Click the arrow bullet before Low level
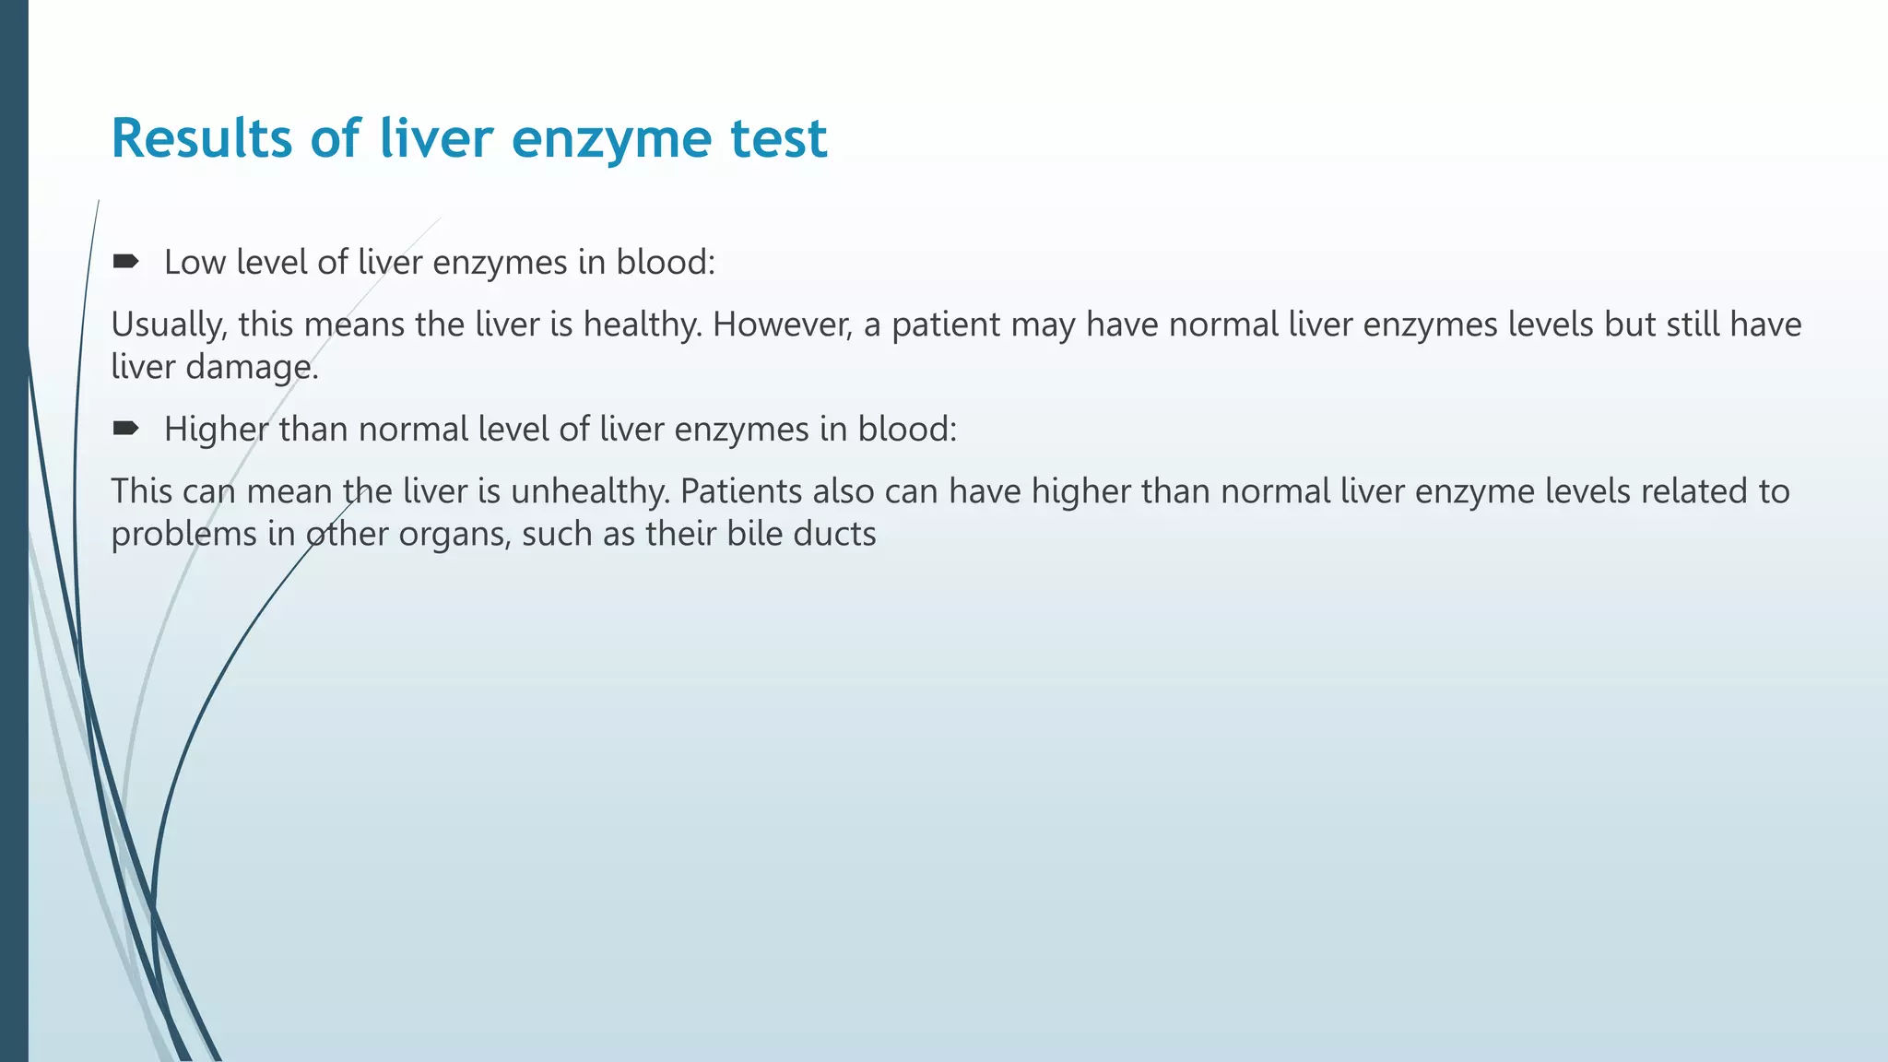[125, 262]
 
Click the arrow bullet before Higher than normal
[125, 429]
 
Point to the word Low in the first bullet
[195, 263]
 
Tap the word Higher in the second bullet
[216, 430]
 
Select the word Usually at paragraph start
[169, 324]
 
